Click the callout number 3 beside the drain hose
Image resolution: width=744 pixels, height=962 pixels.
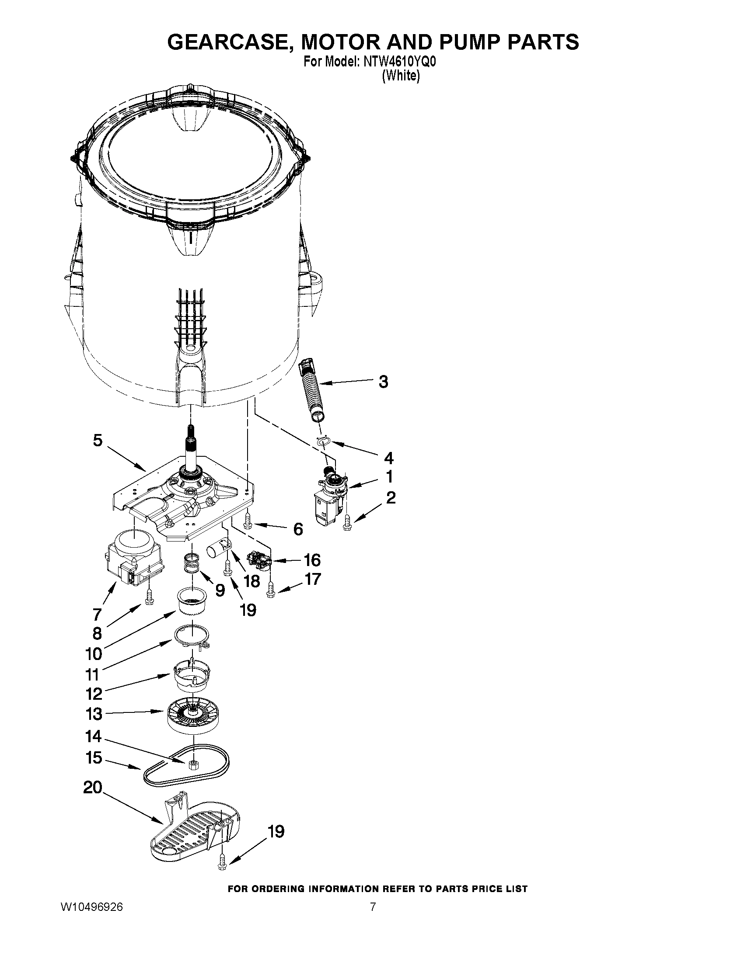coord(383,382)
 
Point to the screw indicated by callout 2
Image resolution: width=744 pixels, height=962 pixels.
coord(347,523)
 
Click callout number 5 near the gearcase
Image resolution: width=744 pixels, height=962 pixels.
coord(98,440)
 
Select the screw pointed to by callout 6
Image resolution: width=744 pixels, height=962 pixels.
coord(247,521)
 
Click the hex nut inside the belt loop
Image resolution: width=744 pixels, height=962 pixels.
coord(192,764)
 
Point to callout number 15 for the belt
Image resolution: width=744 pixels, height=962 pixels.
coord(94,758)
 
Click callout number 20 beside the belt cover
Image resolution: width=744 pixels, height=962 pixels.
coord(93,787)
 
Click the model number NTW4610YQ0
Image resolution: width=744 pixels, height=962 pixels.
coord(399,63)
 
